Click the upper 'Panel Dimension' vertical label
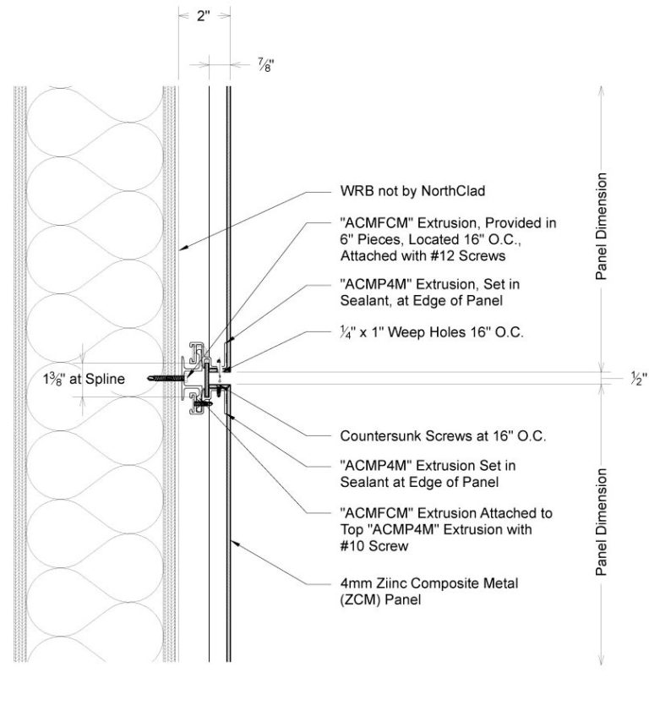(601, 226)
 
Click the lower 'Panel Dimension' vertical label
(601, 521)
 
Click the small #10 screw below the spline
(200, 406)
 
